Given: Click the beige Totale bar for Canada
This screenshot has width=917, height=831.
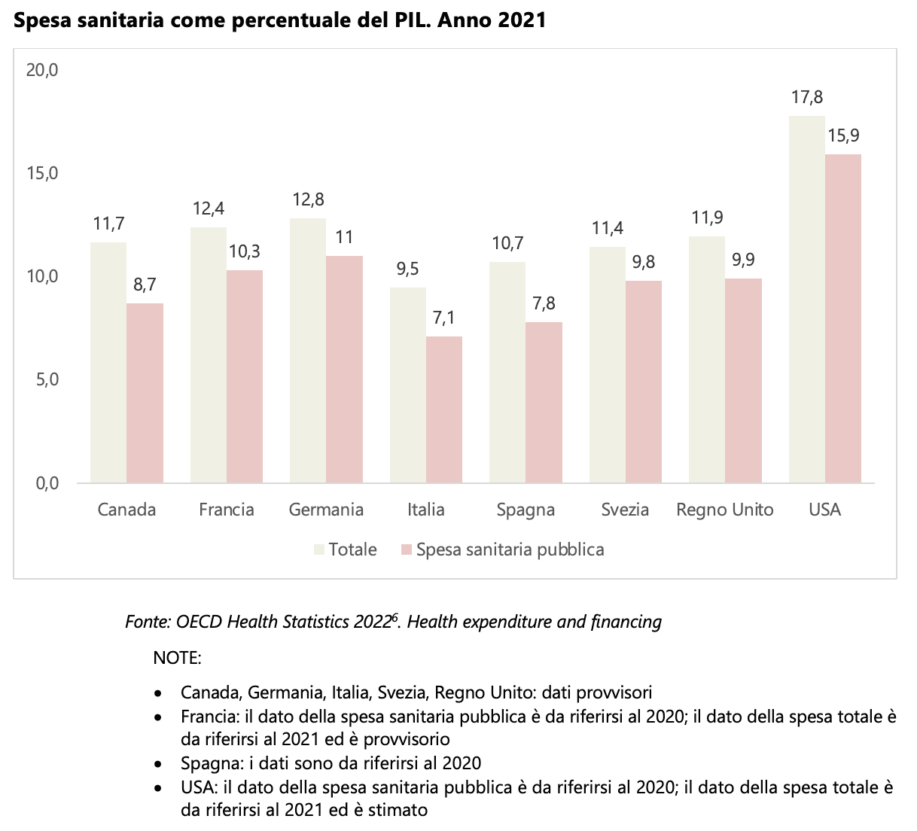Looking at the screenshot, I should [x=108, y=362].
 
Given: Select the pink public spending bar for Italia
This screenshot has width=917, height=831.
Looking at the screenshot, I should [x=444, y=409].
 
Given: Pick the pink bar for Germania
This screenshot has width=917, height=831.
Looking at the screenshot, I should [x=344, y=369].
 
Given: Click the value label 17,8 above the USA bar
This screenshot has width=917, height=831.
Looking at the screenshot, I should [x=806, y=97].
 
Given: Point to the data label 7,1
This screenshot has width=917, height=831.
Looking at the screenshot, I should [x=443, y=318].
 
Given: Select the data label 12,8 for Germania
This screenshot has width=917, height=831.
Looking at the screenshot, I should [x=308, y=199].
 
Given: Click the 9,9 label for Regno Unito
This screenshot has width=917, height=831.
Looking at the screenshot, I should [x=743, y=260].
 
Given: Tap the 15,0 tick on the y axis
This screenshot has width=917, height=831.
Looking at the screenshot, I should [x=42, y=174].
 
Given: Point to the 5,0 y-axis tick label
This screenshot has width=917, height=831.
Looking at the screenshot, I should [x=45, y=380].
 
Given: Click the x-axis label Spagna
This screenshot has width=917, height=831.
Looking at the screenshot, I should [x=526, y=510].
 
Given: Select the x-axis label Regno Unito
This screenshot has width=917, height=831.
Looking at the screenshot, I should [x=724, y=510].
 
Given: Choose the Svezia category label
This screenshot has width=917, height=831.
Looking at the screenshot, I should [x=625, y=510].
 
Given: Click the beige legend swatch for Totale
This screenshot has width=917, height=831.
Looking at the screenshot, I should [x=320, y=550].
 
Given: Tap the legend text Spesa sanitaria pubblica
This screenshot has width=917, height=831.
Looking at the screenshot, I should [x=510, y=549].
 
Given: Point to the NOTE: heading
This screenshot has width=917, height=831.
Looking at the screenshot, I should [x=177, y=658].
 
